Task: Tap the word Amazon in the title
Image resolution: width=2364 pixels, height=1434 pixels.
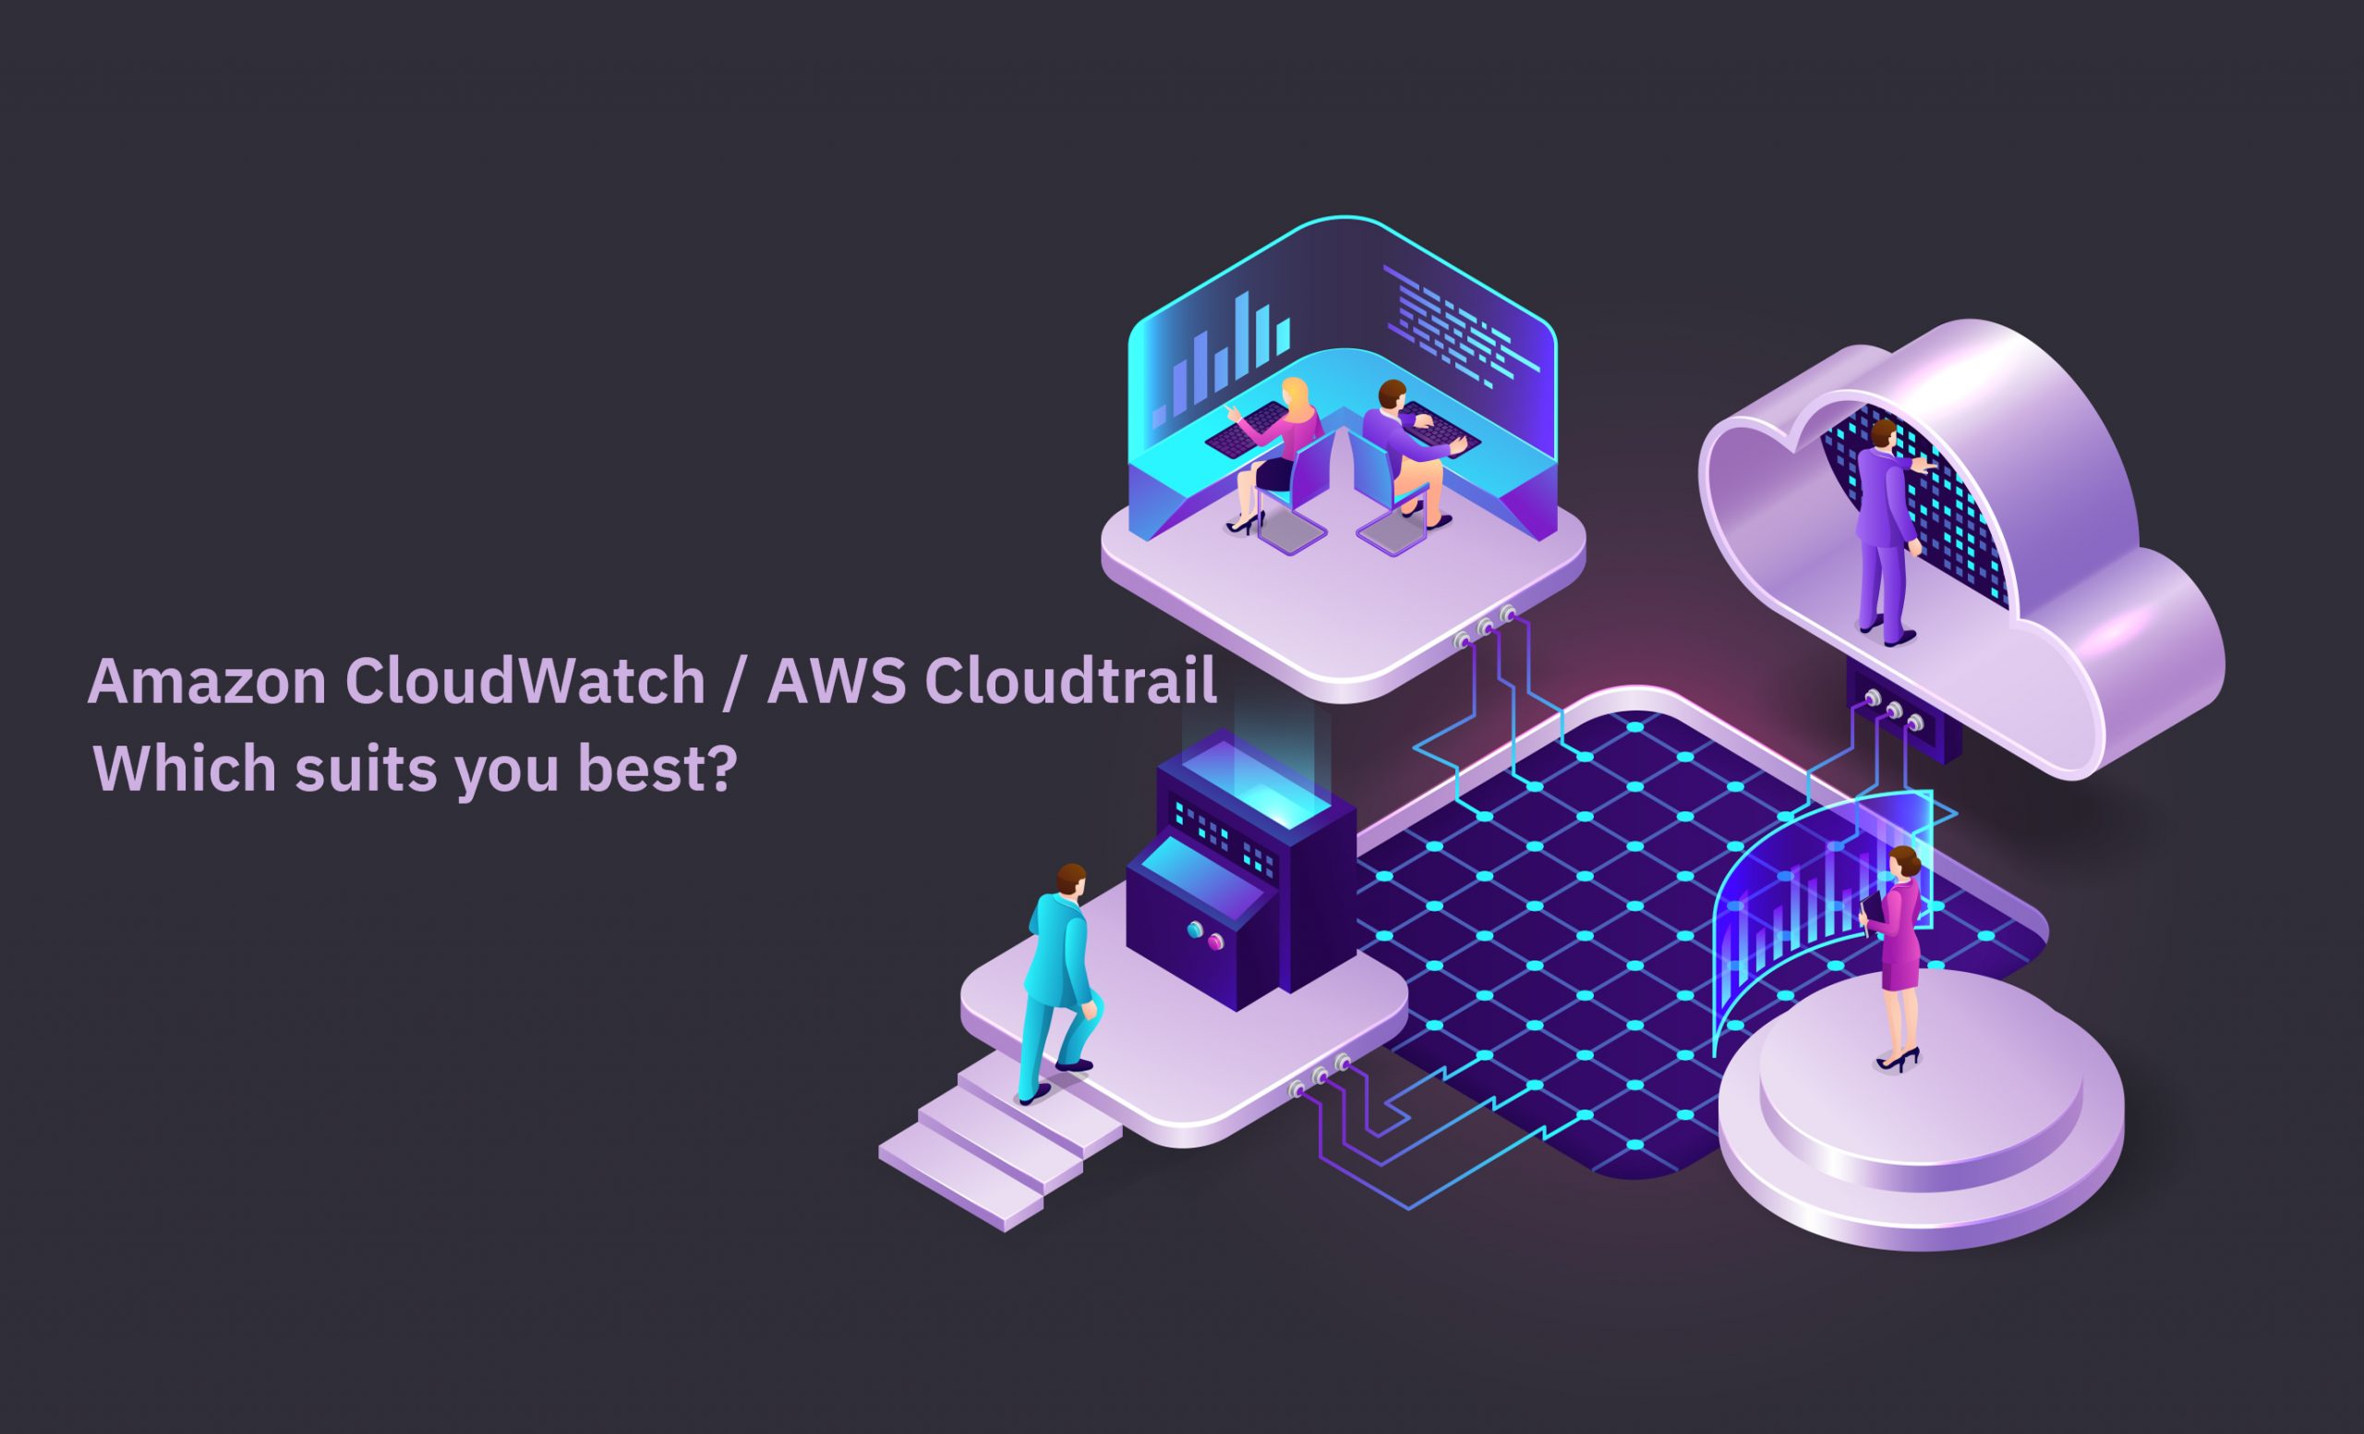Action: tap(207, 682)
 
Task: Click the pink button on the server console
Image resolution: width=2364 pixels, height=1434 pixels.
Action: tap(1215, 942)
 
